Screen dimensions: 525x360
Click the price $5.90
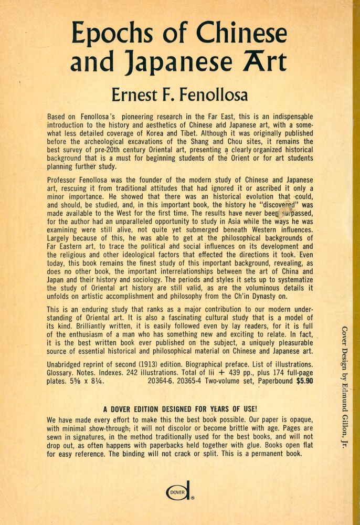pos(304,382)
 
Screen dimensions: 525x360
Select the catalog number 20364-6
pos(164,382)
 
